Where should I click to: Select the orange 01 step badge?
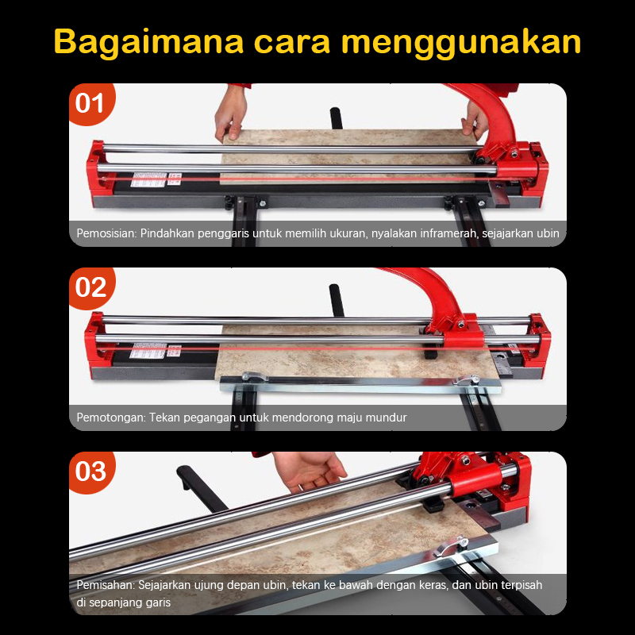[92, 104]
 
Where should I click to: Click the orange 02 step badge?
[92, 288]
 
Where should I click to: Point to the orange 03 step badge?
[92, 471]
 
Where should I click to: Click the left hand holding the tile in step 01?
[230, 115]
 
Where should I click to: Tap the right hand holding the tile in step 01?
[475, 120]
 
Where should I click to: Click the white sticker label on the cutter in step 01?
[149, 179]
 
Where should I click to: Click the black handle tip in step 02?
[336, 299]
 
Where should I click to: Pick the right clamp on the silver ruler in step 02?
[467, 380]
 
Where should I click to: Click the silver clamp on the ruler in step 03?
[451, 546]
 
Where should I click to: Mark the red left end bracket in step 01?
[96, 170]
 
